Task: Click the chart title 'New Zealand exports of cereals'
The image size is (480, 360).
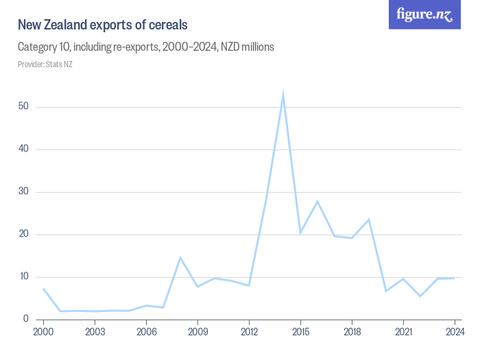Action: pyautogui.click(x=103, y=25)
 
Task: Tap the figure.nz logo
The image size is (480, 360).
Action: pyautogui.click(x=424, y=14)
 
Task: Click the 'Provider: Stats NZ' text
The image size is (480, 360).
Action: pyautogui.click(x=45, y=64)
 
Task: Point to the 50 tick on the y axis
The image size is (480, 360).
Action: pyautogui.click(x=23, y=107)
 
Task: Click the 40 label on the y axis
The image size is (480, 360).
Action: pyautogui.click(x=23, y=149)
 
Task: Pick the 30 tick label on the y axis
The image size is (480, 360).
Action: pyautogui.click(x=23, y=192)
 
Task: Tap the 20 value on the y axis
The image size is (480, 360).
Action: pyautogui.click(x=23, y=235)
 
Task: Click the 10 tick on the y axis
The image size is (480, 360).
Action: pyautogui.click(x=23, y=277)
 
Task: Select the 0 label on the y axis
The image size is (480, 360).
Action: pyautogui.click(x=26, y=319)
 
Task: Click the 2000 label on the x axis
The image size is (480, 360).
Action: pyautogui.click(x=43, y=332)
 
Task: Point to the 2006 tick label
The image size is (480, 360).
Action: pyautogui.click(x=146, y=332)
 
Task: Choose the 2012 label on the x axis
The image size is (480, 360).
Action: pyautogui.click(x=249, y=332)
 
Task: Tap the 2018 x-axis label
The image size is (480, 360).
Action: pyautogui.click(x=352, y=332)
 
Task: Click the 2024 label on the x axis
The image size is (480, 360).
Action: pyautogui.click(x=453, y=332)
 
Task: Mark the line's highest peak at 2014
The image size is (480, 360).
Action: pyautogui.click(x=283, y=95)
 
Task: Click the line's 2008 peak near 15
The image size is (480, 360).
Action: pyautogui.click(x=180, y=258)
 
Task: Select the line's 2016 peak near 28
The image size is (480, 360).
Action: pyautogui.click(x=317, y=201)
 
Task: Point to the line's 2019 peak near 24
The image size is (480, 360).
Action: pyautogui.click(x=369, y=219)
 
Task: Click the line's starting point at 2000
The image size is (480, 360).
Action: pyautogui.click(x=43, y=289)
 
